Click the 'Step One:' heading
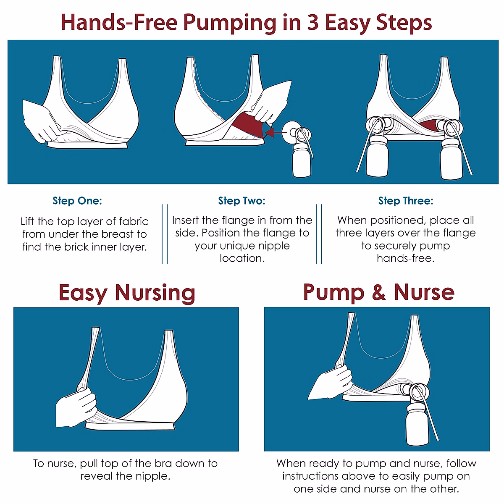77,201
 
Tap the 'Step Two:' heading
241,201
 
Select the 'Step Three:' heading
406,201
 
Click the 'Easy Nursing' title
127,293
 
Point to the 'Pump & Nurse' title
379,292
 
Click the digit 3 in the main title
313,22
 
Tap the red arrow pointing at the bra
276,132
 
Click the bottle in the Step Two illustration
302,163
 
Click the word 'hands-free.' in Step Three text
406,258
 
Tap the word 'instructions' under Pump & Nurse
310,476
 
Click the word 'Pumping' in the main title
230,23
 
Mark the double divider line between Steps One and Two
165,234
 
